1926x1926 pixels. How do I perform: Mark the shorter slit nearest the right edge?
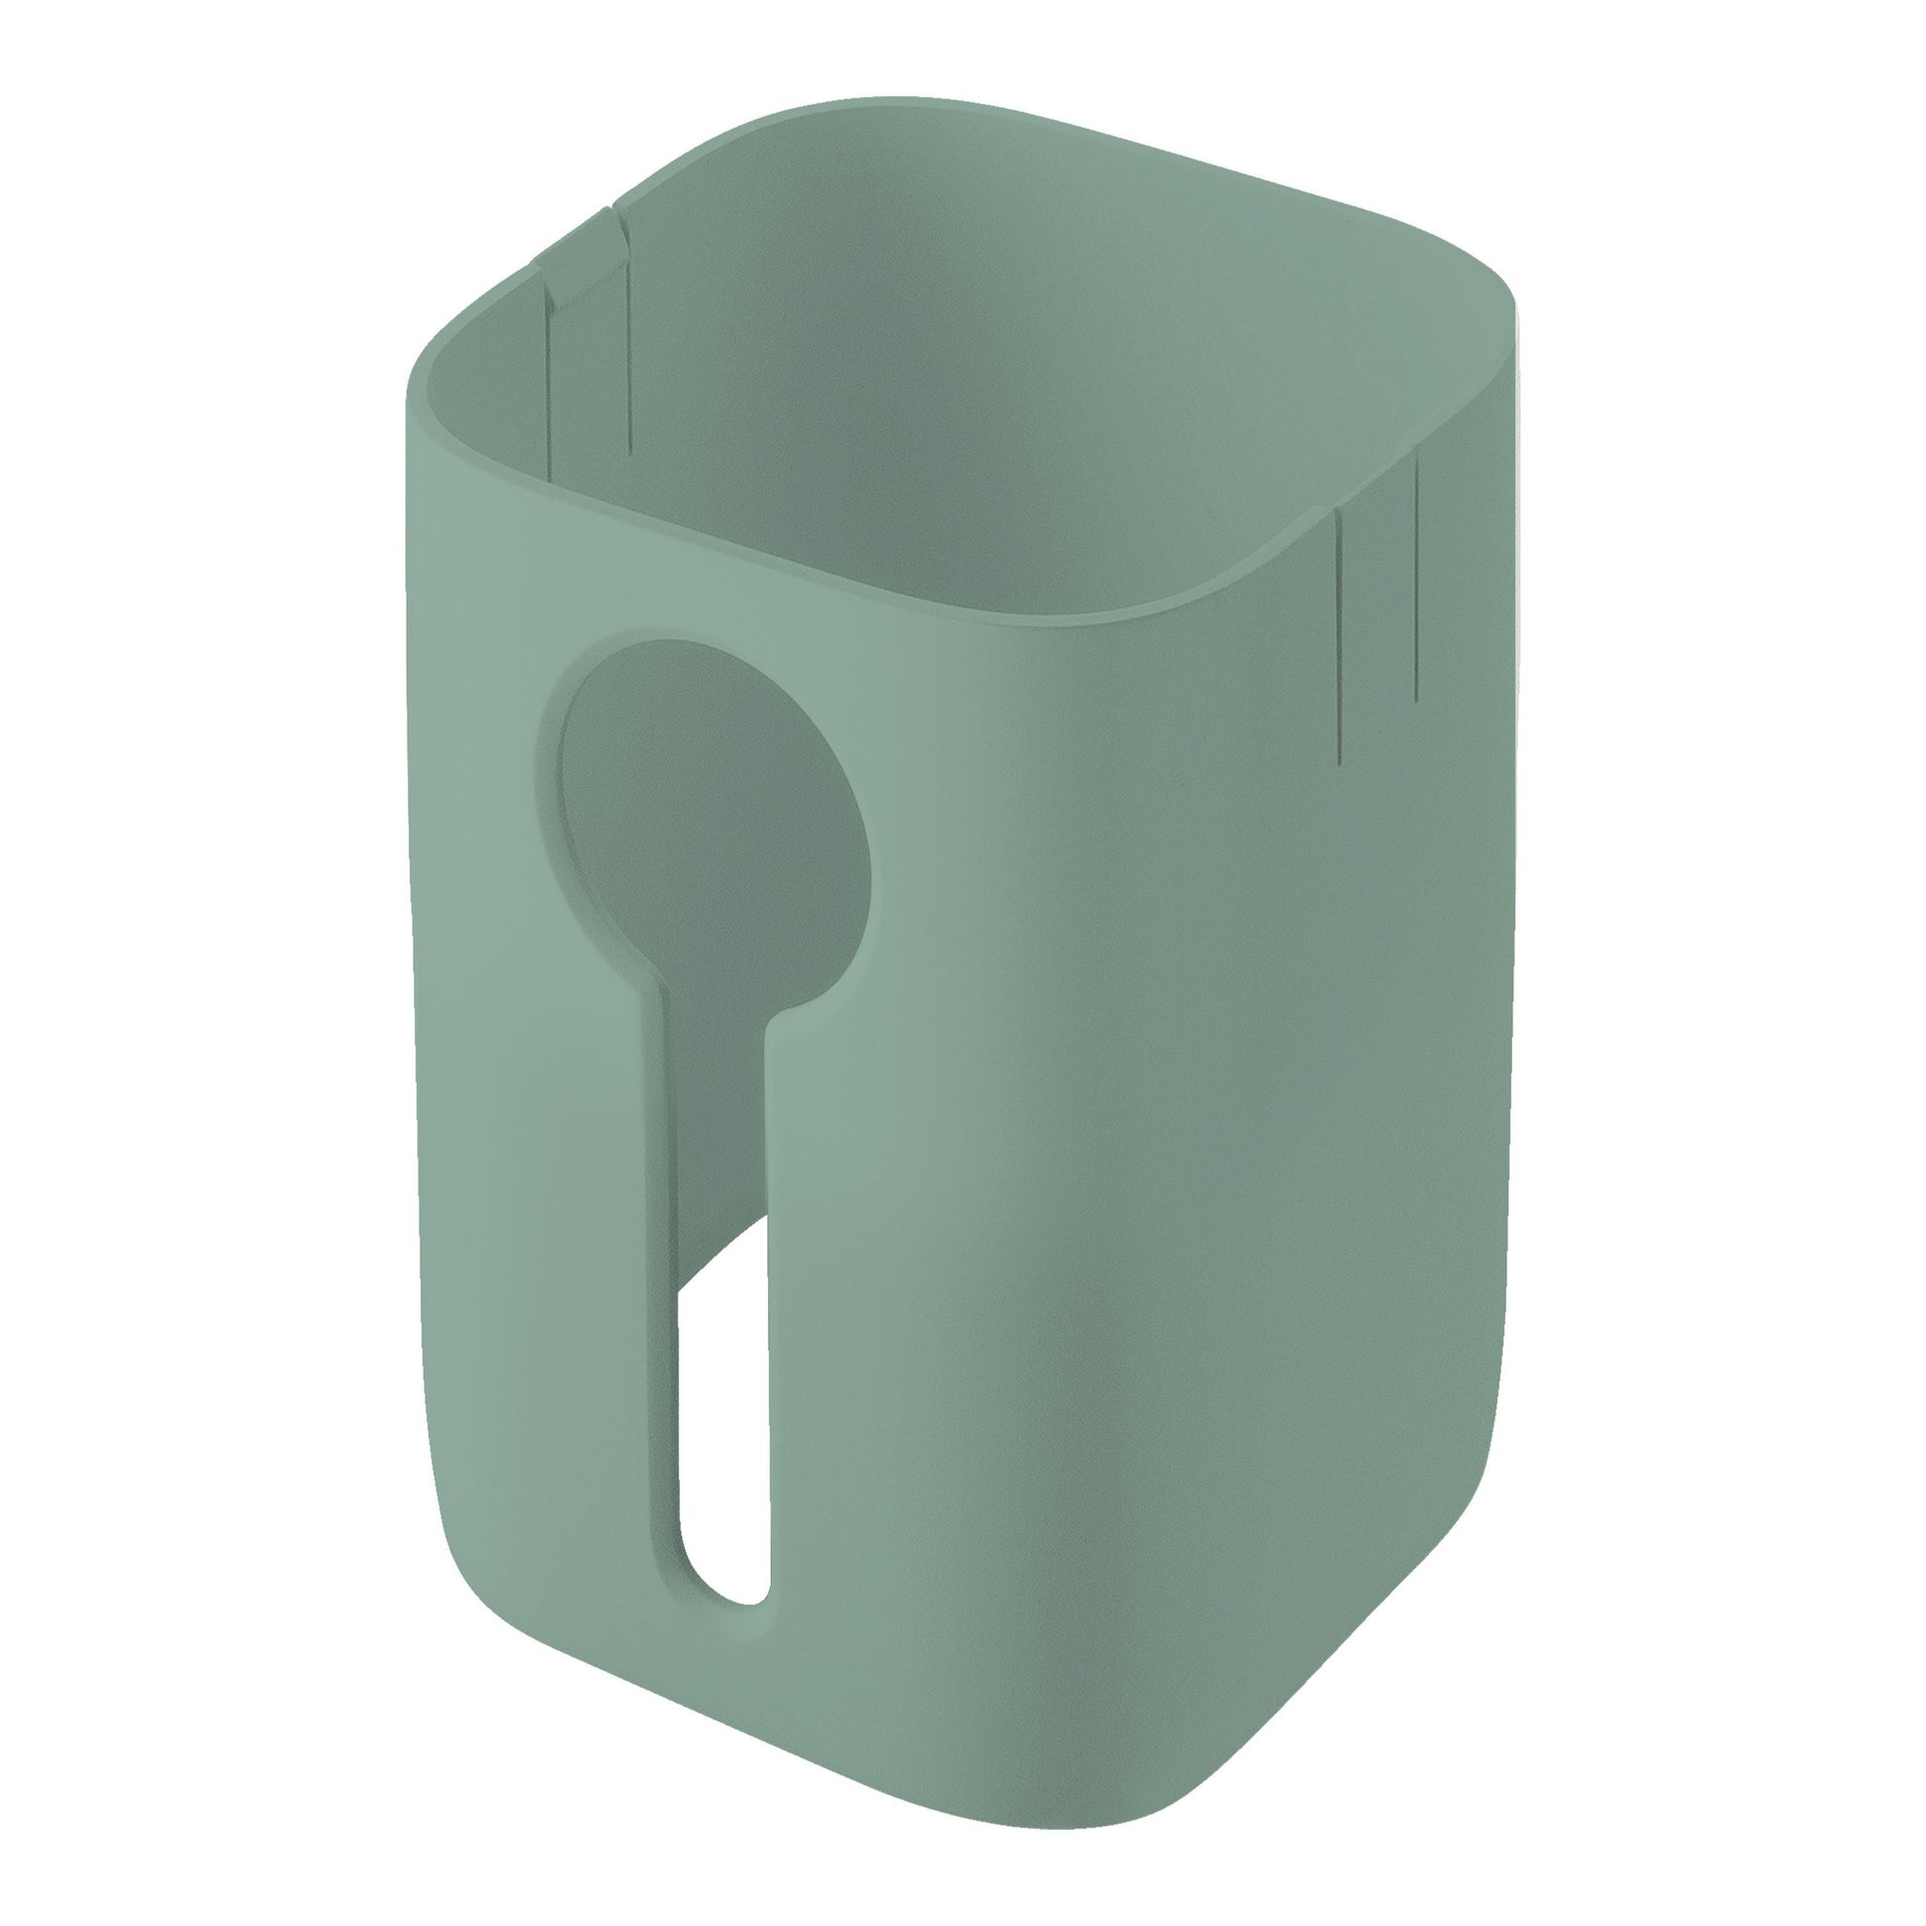click(1415, 578)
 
